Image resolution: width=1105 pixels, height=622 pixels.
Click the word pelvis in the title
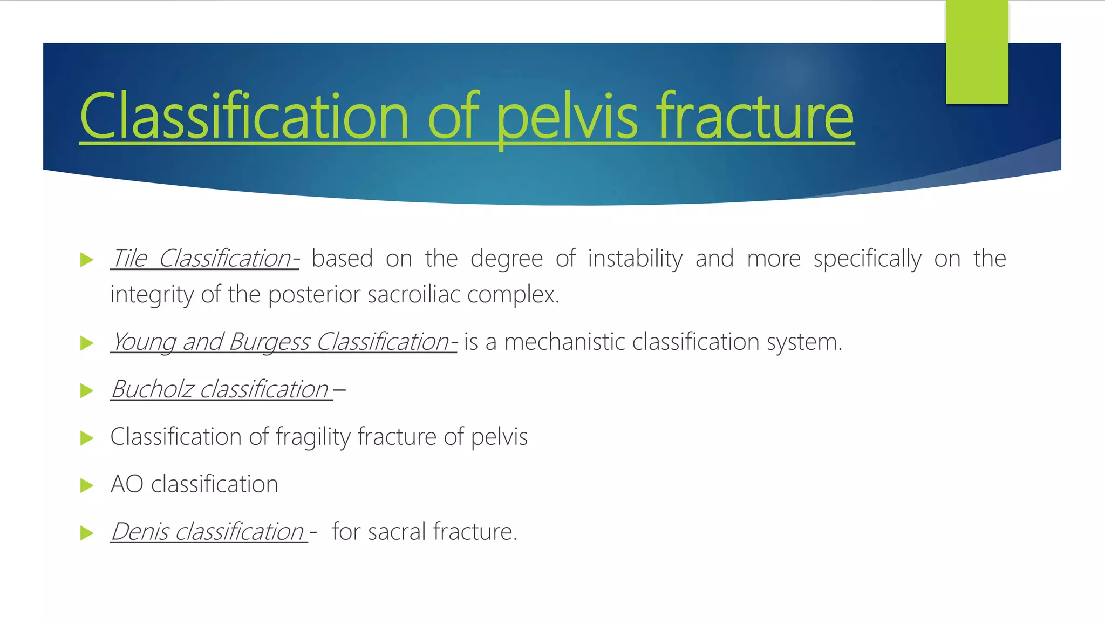[x=567, y=116]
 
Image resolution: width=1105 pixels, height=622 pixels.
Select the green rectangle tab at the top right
[x=977, y=51]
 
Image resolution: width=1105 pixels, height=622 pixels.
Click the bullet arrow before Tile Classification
[x=86, y=260]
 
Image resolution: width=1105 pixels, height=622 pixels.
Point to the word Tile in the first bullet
[x=129, y=258]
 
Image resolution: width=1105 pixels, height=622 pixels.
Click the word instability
[x=635, y=258]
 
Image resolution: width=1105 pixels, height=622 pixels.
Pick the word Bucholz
[x=152, y=389]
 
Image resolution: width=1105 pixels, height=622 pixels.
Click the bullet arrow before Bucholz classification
[x=86, y=390]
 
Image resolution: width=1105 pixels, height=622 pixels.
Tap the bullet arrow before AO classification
[x=86, y=485]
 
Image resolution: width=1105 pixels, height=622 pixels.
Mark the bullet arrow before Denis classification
[x=86, y=533]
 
